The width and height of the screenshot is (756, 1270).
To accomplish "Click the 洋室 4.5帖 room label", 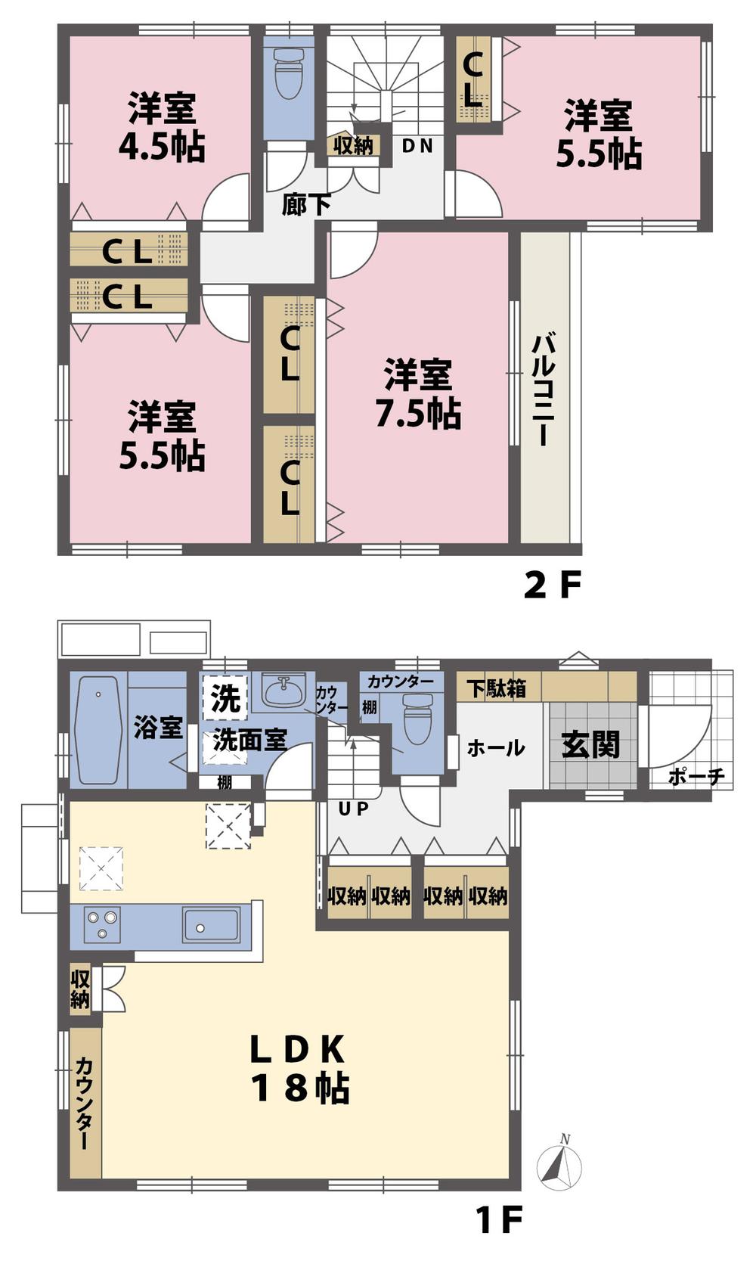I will (162, 127).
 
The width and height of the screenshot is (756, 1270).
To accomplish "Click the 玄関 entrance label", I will (590, 745).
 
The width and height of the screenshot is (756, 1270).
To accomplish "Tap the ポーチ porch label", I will (697, 776).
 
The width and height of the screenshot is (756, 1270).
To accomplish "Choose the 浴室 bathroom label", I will (158, 728).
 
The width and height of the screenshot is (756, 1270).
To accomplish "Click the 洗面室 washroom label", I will (249, 739).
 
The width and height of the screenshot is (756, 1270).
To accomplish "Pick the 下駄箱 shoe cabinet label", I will (496, 688).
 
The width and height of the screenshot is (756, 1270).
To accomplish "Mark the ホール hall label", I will (496, 748).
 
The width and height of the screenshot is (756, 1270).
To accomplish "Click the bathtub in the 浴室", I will (98, 730).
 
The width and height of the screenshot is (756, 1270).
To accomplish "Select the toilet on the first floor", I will (417, 721).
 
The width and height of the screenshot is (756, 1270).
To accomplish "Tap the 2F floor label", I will (553, 585).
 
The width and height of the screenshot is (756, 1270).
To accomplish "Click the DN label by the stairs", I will (417, 146).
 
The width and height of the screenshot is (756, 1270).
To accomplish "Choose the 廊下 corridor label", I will (305, 203).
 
